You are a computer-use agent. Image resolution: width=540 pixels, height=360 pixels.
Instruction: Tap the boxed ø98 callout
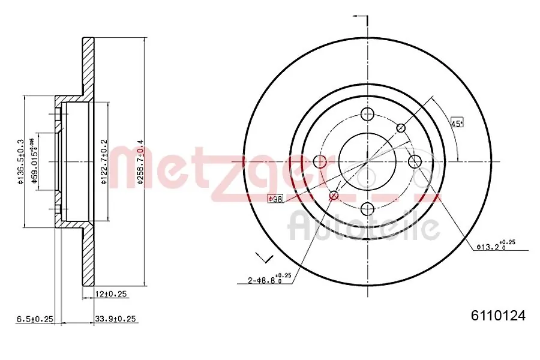coord(275,199)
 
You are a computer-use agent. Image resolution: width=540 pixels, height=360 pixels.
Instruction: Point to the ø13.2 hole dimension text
coord(496,245)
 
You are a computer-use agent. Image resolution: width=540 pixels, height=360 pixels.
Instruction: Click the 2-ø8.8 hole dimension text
coord(270,279)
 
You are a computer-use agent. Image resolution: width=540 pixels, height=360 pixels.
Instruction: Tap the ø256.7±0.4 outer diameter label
coord(140,162)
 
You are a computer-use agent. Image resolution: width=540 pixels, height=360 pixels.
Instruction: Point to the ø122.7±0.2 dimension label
coord(104,162)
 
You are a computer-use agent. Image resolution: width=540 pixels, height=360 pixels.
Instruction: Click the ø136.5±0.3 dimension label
coord(20,162)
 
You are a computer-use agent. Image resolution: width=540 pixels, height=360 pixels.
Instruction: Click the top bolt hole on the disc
coord(368,115)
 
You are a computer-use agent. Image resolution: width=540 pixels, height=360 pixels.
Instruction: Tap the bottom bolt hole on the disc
coord(368,208)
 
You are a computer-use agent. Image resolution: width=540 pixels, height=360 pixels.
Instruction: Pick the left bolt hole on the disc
coord(320,161)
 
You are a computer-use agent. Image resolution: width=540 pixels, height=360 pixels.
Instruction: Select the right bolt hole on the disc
coord(415,161)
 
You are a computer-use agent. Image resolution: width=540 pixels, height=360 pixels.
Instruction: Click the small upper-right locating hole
coord(401,128)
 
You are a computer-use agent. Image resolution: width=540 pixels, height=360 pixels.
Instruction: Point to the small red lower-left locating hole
coord(334,195)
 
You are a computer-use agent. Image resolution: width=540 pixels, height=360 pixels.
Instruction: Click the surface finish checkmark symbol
coord(263,257)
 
